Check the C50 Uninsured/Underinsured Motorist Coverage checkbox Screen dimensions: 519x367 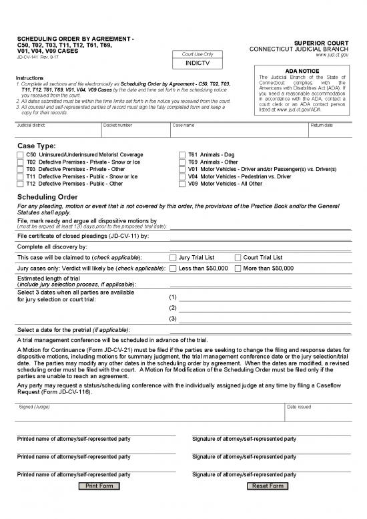20,155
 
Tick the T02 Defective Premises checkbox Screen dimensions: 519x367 20,162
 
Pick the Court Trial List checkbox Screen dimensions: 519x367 238,257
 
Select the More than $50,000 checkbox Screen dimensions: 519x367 238,268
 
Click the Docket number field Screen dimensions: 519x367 135,131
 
